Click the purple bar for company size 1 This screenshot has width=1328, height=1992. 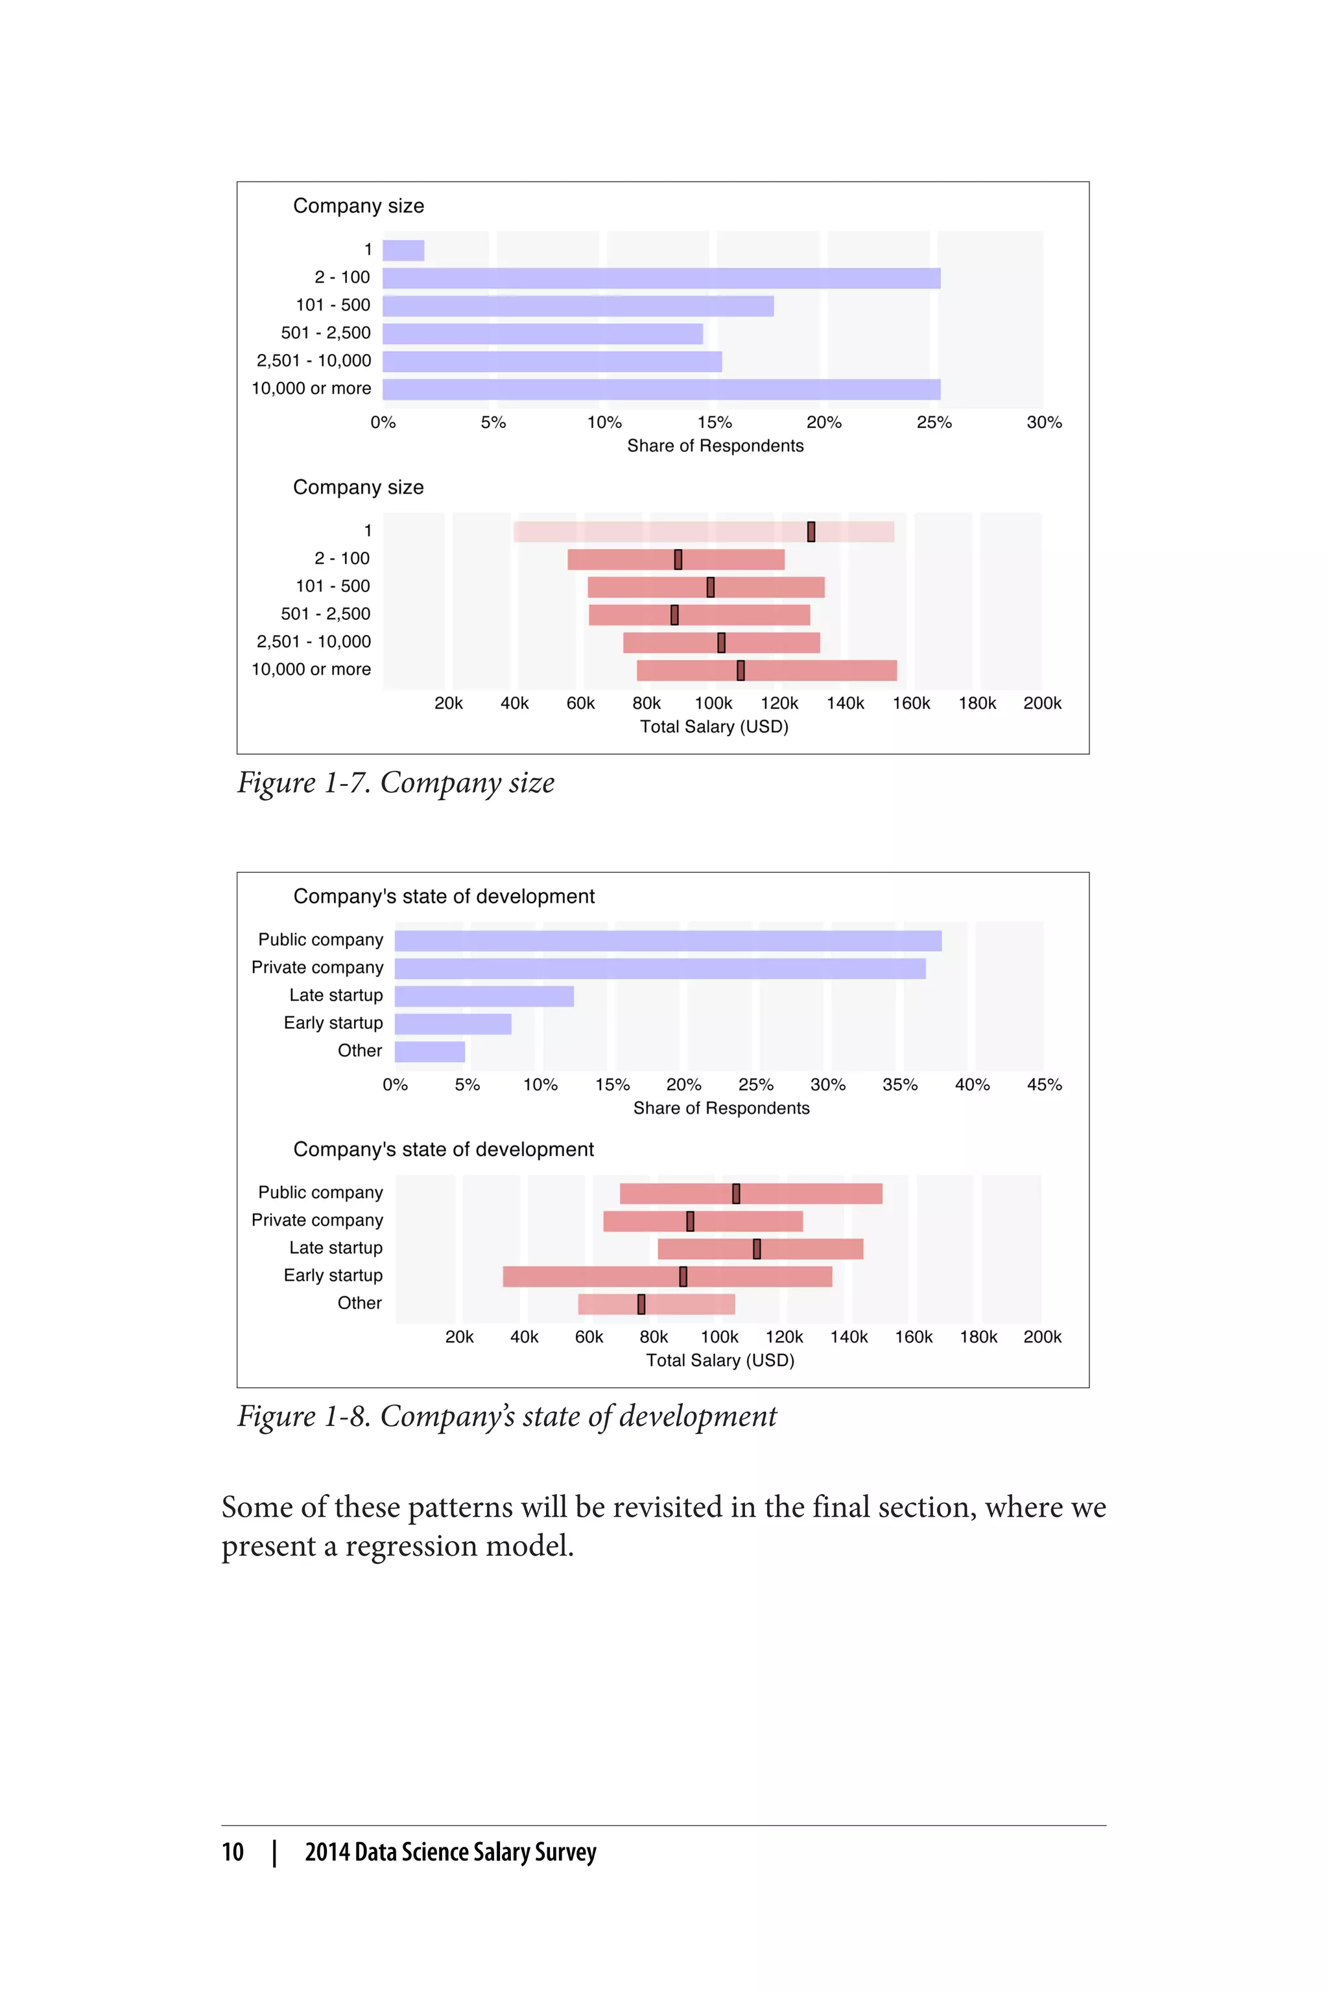[x=403, y=251]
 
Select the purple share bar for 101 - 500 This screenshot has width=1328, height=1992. [x=578, y=307]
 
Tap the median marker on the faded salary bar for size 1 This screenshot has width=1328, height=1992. [x=811, y=532]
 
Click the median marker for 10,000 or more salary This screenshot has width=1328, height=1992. [x=741, y=670]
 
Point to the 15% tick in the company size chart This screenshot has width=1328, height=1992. [x=714, y=423]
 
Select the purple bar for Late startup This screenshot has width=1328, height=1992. [x=484, y=996]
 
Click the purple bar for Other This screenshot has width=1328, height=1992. [x=429, y=1052]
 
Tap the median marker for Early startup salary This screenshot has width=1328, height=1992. [x=683, y=1276]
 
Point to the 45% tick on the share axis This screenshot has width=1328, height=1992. [x=1043, y=1085]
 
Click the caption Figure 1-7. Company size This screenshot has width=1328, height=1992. [x=396, y=783]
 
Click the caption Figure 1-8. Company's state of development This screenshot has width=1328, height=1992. [x=506, y=1417]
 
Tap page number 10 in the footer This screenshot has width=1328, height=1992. [x=233, y=1852]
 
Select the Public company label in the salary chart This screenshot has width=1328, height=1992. [x=320, y=1192]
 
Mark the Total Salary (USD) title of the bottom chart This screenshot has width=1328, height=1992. [x=720, y=1361]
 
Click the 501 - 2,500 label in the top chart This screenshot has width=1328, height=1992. [x=326, y=333]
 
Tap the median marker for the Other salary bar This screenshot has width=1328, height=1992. [x=641, y=1304]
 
